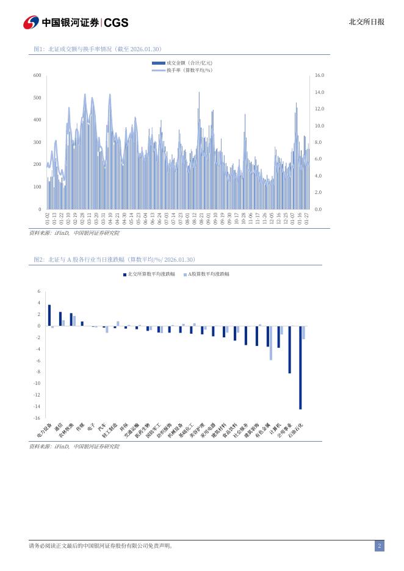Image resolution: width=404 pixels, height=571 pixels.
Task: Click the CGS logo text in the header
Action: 117,23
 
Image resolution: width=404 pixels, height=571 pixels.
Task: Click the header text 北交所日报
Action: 366,22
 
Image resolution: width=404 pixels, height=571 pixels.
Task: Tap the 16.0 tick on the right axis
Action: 319,75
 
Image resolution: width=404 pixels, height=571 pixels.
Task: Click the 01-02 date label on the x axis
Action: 48,218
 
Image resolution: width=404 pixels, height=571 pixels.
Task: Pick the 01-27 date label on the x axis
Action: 307,218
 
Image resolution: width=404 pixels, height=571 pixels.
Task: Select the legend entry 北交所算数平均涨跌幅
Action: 153,275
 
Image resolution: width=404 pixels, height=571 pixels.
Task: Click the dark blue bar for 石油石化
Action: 300,367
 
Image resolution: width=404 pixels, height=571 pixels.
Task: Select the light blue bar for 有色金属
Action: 270,343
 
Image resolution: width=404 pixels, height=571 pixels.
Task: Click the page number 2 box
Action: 379,546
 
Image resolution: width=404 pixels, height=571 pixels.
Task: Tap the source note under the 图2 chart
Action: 74,447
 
